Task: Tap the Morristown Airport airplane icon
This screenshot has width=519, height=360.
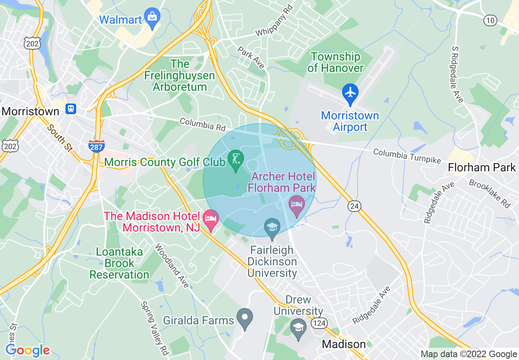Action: tap(350, 93)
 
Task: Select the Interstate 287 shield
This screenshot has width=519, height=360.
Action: tap(96, 146)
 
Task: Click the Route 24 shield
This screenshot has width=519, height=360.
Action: tap(354, 206)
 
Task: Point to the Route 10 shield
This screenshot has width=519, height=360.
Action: tap(490, 20)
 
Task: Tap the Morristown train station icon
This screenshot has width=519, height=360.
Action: tap(71, 109)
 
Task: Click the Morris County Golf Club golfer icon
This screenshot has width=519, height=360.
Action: tap(236, 159)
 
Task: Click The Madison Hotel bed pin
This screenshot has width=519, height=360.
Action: tap(211, 219)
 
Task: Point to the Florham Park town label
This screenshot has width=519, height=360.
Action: tap(481, 167)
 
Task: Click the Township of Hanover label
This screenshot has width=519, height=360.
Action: tap(335, 62)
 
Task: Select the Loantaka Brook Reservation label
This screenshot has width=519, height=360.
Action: tap(120, 263)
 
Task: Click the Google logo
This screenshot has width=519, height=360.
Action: tap(27, 350)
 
